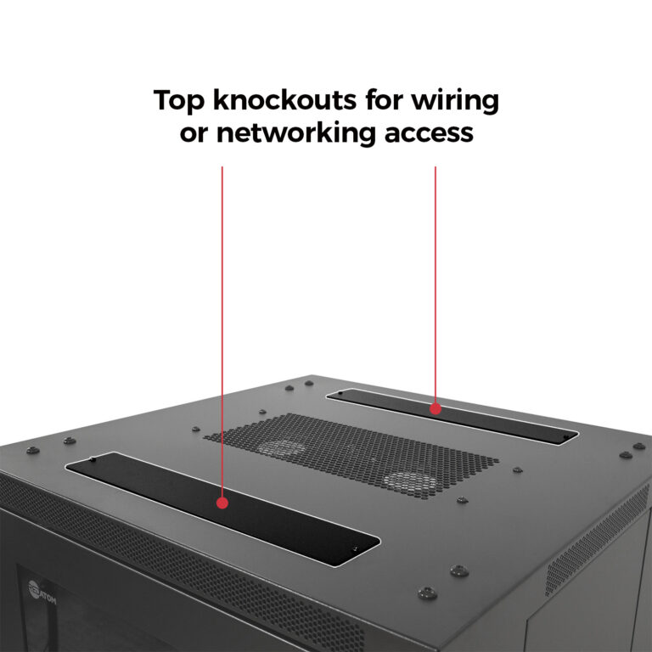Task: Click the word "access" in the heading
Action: pyautogui.click(x=428, y=133)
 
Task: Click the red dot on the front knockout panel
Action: pyautogui.click(x=222, y=503)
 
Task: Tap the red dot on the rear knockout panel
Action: pyautogui.click(x=436, y=408)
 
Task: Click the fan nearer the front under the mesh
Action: pyautogui.click(x=409, y=481)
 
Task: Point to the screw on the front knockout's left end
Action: pyautogui.click(x=93, y=460)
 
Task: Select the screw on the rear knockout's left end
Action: pyautogui.click(x=341, y=393)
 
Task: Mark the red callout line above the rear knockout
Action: pyautogui.click(x=436, y=280)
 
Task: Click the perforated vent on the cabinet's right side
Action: pyautogui.click(x=594, y=543)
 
